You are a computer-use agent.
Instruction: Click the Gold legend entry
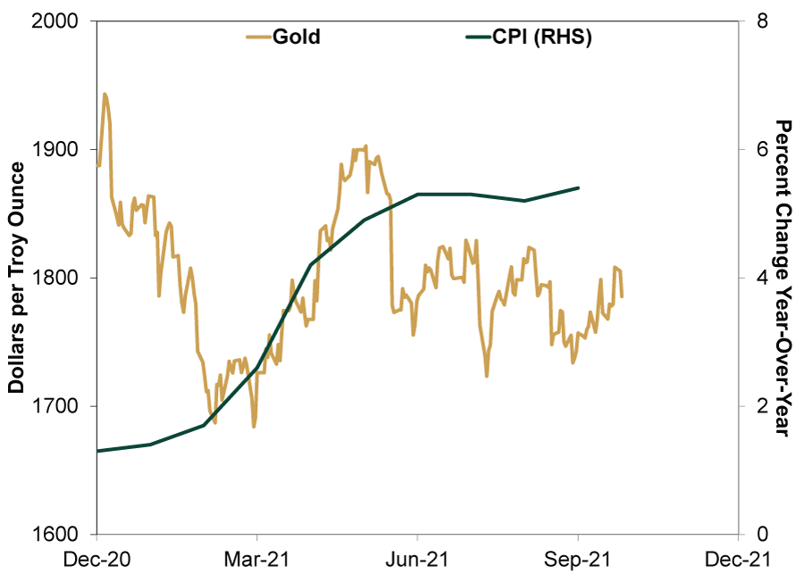[285, 37]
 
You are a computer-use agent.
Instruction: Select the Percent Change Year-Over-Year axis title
[783, 278]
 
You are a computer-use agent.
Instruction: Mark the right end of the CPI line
[579, 187]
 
